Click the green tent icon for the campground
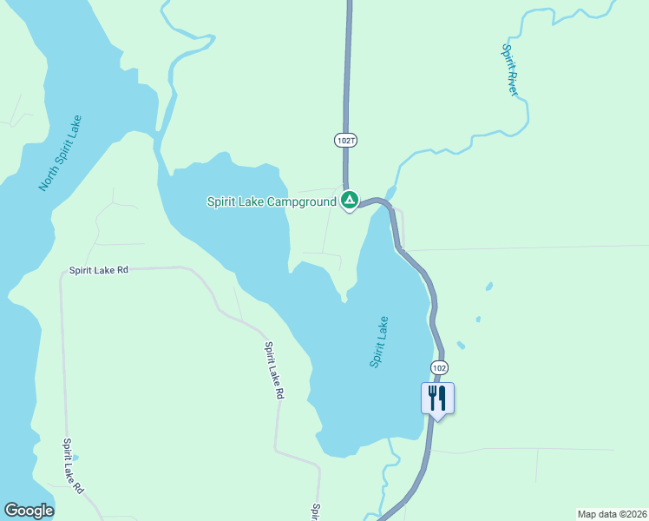pos(349,201)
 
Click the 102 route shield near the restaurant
pos(439,367)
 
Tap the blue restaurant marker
pos(437,399)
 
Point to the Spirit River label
pos(510,69)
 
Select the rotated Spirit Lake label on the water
pos(379,341)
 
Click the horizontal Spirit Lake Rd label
pos(99,270)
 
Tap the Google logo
pos(29,511)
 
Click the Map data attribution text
pos(612,513)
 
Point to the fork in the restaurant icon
pos(432,398)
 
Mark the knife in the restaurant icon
pos(442,398)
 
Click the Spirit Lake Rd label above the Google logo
pos(72,465)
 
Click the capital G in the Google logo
pos(10,511)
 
